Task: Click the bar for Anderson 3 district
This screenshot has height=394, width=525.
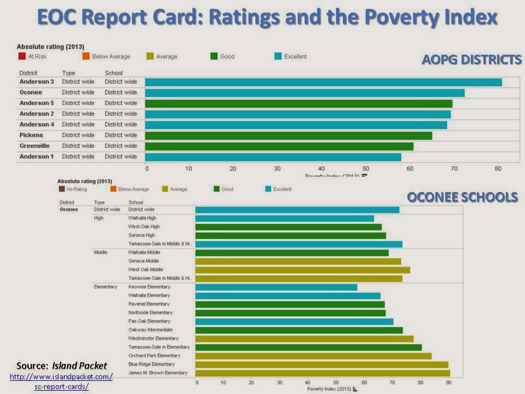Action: (x=323, y=82)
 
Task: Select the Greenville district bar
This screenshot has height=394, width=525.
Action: (x=279, y=146)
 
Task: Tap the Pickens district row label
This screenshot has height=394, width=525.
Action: (x=32, y=135)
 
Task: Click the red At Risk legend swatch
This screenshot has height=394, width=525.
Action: (x=22, y=56)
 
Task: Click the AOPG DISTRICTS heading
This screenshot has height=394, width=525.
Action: (x=471, y=60)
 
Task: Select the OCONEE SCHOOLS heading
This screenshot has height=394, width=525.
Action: (x=462, y=197)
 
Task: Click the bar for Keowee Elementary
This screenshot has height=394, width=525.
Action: (x=276, y=287)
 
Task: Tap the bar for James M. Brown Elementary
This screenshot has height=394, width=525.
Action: (x=323, y=373)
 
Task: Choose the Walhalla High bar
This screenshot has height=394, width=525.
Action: (x=284, y=218)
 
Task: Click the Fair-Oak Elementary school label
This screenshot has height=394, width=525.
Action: (x=150, y=321)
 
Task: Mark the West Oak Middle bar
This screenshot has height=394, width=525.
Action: (x=302, y=270)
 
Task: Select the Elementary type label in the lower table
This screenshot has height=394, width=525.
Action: (x=106, y=287)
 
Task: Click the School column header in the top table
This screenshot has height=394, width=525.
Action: (x=114, y=73)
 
